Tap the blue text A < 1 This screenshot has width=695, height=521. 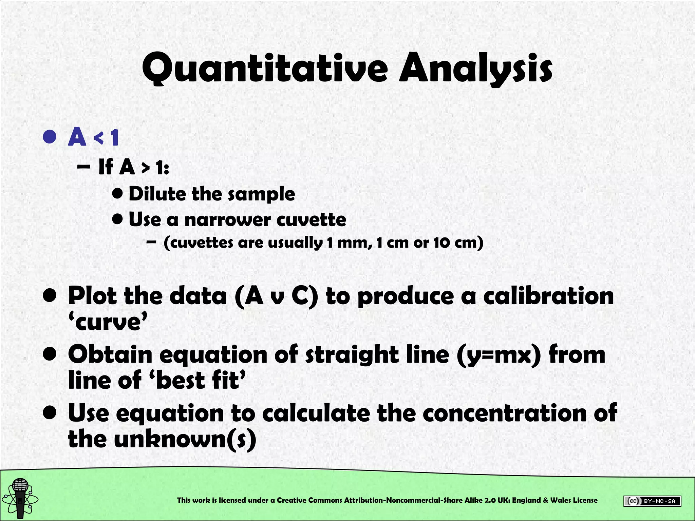[93, 137]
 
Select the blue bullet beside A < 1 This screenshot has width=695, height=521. [50, 137]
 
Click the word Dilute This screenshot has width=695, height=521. [157, 194]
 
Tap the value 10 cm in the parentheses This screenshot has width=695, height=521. [455, 243]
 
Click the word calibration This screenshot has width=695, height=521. [548, 296]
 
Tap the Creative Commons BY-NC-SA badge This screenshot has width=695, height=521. [652, 501]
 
